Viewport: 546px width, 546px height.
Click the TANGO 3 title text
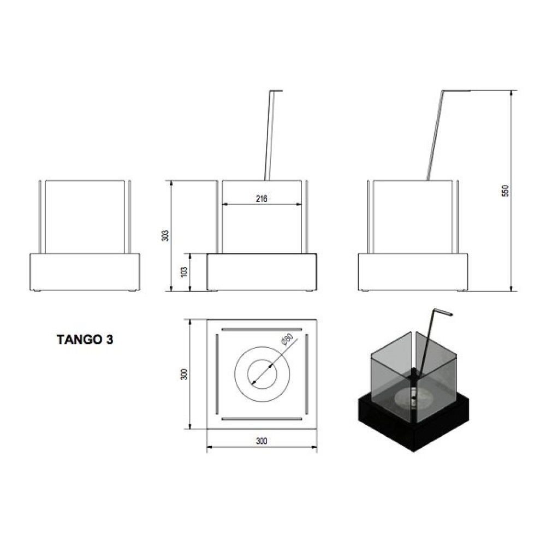(x=85, y=340)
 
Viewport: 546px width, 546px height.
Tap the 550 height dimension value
(x=506, y=191)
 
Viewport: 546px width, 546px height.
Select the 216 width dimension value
(x=262, y=199)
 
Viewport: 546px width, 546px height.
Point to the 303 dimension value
(x=166, y=235)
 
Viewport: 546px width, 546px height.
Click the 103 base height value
(x=185, y=271)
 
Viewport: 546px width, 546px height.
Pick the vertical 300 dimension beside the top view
(x=185, y=374)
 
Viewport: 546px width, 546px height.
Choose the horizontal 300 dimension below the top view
(x=262, y=441)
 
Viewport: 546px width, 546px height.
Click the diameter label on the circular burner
(x=287, y=340)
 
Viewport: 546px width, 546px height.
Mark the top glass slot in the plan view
(x=262, y=329)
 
